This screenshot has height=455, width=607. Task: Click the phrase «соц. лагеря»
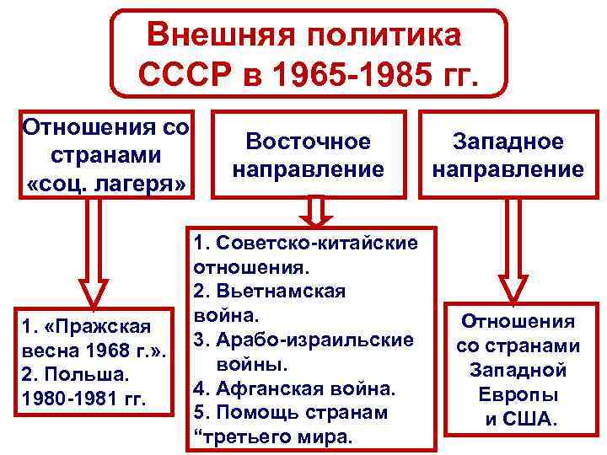106,184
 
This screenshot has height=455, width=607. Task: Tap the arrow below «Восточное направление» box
312,211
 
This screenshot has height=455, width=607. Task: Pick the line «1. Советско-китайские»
305,244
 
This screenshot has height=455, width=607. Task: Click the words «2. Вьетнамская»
269,291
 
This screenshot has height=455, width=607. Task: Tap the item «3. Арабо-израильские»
303,339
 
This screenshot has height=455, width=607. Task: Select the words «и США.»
518,418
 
